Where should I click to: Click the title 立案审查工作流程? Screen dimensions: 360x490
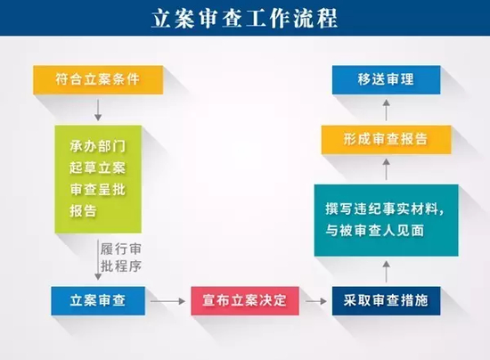tap(244, 18)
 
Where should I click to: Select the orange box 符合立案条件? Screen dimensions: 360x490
tap(97, 80)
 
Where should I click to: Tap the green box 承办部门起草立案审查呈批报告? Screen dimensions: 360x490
tap(97, 178)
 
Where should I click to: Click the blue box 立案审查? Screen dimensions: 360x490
tap(97, 301)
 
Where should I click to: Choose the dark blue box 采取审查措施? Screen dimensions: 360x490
tap(386, 301)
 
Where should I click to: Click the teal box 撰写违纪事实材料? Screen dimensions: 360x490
tap(386, 220)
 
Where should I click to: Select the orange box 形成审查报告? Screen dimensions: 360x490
tap(386, 139)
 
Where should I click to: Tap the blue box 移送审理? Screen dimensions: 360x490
tap(386, 80)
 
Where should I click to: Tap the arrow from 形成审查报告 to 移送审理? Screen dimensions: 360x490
tap(386, 110)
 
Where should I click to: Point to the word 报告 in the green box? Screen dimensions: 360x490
tap(82, 212)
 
